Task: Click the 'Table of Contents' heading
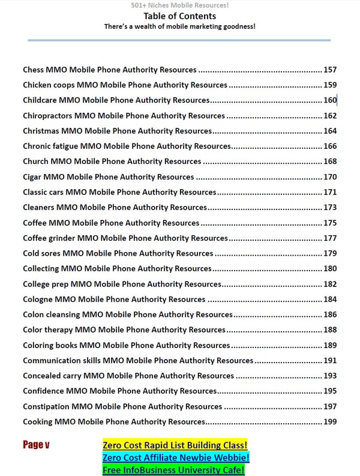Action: pyautogui.click(x=179, y=17)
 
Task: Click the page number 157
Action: pyautogui.click(x=330, y=70)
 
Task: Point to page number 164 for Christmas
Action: pyautogui.click(x=330, y=131)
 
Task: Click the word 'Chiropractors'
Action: pyautogui.click(x=48, y=116)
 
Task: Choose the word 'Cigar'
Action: pyautogui.click(x=33, y=177)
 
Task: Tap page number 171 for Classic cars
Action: pyautogui.click(x=330, y=192)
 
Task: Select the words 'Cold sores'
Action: pyautogui.click(x=41, y=253)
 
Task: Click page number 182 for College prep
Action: pyautogui.click(x=330, y=284)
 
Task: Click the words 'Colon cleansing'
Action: pyautogui.click(x=51, y=315)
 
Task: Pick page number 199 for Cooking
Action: pyautogui.click(x=330, y=421)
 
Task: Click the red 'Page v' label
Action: pyautogui.click(x=36, y=445)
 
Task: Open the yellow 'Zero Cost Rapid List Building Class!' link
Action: pyautogui.click(x=175, y=445)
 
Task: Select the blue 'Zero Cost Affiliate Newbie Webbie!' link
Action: pyautogui.click(x=176, y=457)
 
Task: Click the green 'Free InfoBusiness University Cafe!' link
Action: pyautogui.click(x=173, y=470)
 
